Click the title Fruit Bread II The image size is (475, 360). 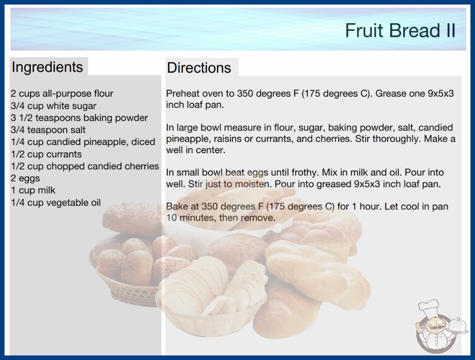[400, 30]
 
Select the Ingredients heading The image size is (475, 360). [47, 67]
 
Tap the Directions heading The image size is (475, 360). [199, 68]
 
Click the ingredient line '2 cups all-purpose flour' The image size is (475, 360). [62, 94]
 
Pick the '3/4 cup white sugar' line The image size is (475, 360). [53, 106]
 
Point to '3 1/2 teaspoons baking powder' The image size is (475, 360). [79, 118]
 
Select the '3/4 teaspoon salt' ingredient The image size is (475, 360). [48, 130]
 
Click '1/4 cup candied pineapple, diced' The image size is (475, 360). [83, 142]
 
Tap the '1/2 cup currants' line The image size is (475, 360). [46, 154]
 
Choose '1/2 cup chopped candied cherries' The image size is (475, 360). [85, 166]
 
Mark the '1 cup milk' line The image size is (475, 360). [33, 190]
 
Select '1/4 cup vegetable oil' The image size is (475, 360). [56, 202]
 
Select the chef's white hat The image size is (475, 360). [429, 307]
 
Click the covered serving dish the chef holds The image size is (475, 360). [458, 325]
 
